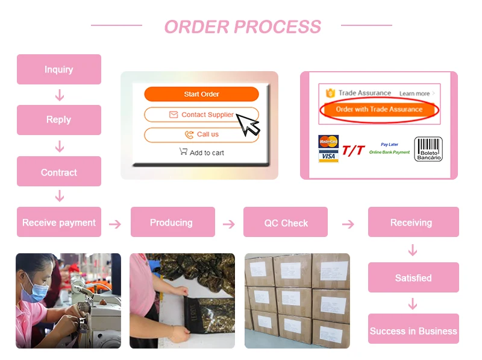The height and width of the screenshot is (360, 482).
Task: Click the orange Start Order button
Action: point(201,94)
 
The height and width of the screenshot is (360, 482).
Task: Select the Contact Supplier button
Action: point(201,115)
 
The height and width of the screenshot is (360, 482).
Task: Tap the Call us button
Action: point(201,134)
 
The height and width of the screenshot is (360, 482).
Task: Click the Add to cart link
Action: point(202,152)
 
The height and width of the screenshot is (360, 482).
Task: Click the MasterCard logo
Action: point(328,142)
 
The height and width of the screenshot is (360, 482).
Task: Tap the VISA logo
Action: point(328,156)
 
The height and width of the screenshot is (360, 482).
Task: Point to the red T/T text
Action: point(354,151)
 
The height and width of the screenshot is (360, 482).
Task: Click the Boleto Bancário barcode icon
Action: point(428,149)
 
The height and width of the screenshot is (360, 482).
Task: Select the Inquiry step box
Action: point(59,69)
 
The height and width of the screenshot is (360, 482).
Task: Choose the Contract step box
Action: point(59,171)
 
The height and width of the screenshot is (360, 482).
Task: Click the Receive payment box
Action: point(59,222)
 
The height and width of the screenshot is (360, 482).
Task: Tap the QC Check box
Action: point(286,222)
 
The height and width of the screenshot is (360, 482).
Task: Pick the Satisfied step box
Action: point(413,277)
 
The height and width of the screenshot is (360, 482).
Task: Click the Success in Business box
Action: point(413,329)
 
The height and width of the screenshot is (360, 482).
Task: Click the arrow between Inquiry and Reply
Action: point(60,95)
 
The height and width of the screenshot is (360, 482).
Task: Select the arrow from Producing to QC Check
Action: point(229,224)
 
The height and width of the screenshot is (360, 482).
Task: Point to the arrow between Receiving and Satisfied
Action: point(413,250)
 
